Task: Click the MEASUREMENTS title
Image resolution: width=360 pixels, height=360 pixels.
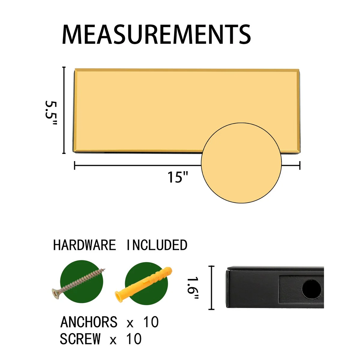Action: click(x=156, y=35)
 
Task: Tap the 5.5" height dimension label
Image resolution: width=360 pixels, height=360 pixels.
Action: click(x=51, y=113)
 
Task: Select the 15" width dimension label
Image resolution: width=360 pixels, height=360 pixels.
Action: click(x=178, y=177)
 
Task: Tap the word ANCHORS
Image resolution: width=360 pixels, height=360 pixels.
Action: click(x=89, y=322)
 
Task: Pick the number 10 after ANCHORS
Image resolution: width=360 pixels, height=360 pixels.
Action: click(x=151, y=322)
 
